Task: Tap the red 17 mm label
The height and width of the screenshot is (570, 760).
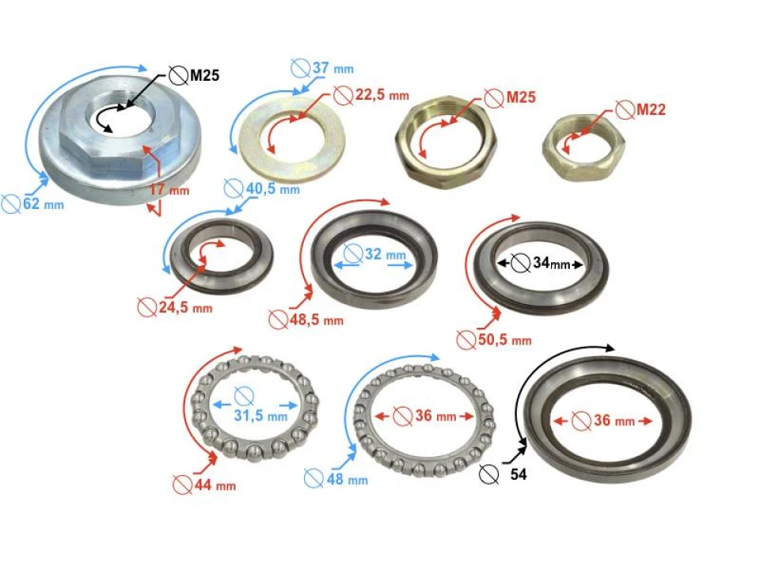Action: (x=169, y=190)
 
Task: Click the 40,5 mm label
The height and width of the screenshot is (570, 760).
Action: (x=272, y=189)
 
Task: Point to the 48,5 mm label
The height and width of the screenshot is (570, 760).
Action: (x=316, y=320)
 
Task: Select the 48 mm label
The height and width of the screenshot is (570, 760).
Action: (x=346, y=479)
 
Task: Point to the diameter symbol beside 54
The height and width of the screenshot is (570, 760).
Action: (x=490, y=474)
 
